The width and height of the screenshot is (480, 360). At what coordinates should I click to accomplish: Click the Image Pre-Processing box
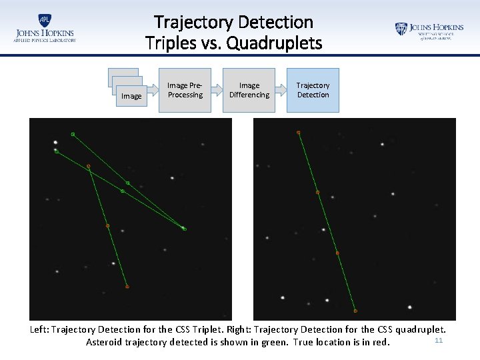click(x=185, y=90)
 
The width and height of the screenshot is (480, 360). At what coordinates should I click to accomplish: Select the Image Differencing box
click(x=249, y=90)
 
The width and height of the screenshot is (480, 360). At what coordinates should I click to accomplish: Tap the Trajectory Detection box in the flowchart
click(x=313, y=90)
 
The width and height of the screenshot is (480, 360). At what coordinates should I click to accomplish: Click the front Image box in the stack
click(x=131, y=96)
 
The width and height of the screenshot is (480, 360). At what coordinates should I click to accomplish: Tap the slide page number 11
click(x=438, y=341)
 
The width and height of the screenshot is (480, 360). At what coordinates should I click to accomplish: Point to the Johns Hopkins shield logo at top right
click(x=401, y=29)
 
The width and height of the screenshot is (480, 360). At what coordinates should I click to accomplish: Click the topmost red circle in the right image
click(x=298, y=133)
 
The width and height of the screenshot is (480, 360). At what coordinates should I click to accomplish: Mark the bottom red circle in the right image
click(x=355, y=311)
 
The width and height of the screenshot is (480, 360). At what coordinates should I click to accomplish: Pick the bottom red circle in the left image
click(x=127, y=287)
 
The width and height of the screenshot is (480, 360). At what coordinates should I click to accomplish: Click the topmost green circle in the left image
click(x=73, y=135)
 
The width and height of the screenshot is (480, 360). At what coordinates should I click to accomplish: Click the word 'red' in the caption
click(x=379, y=342)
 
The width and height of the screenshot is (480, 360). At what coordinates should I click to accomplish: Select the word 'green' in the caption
click(x=272, y=342)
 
